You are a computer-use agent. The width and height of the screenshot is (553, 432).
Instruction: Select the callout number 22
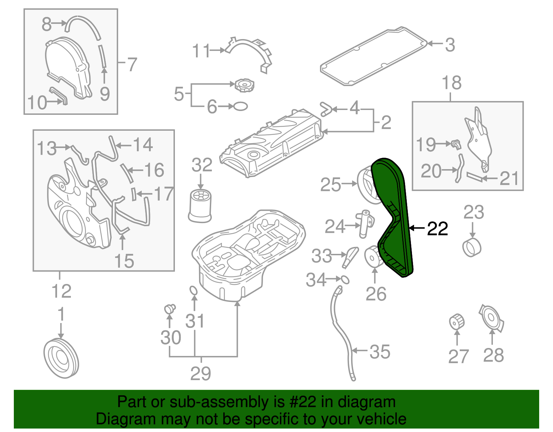(438, 229)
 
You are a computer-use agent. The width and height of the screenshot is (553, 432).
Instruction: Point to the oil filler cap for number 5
(244, 85)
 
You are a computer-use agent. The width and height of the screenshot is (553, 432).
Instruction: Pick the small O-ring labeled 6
(241, 106)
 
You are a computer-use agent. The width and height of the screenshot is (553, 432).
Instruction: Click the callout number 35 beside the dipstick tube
(380, 352)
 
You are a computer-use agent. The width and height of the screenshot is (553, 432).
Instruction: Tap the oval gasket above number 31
(194, 291)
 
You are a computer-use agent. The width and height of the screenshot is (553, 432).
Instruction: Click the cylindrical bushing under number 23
(472, 247)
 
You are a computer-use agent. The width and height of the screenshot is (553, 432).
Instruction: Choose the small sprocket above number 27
(457, 322)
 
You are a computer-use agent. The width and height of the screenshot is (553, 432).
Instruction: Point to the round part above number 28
(492, 318)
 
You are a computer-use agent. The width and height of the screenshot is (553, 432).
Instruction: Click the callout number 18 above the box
(451, 83)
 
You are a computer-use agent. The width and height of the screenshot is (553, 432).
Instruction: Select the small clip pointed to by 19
(456, 144)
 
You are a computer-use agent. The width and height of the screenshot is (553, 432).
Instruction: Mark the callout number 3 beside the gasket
(450, 45)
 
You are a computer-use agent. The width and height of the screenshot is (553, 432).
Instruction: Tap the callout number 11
(201, 51)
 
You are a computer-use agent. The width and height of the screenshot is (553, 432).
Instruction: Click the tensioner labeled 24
(365, 224)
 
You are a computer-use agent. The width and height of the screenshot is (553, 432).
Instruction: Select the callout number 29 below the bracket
(200, 373)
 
